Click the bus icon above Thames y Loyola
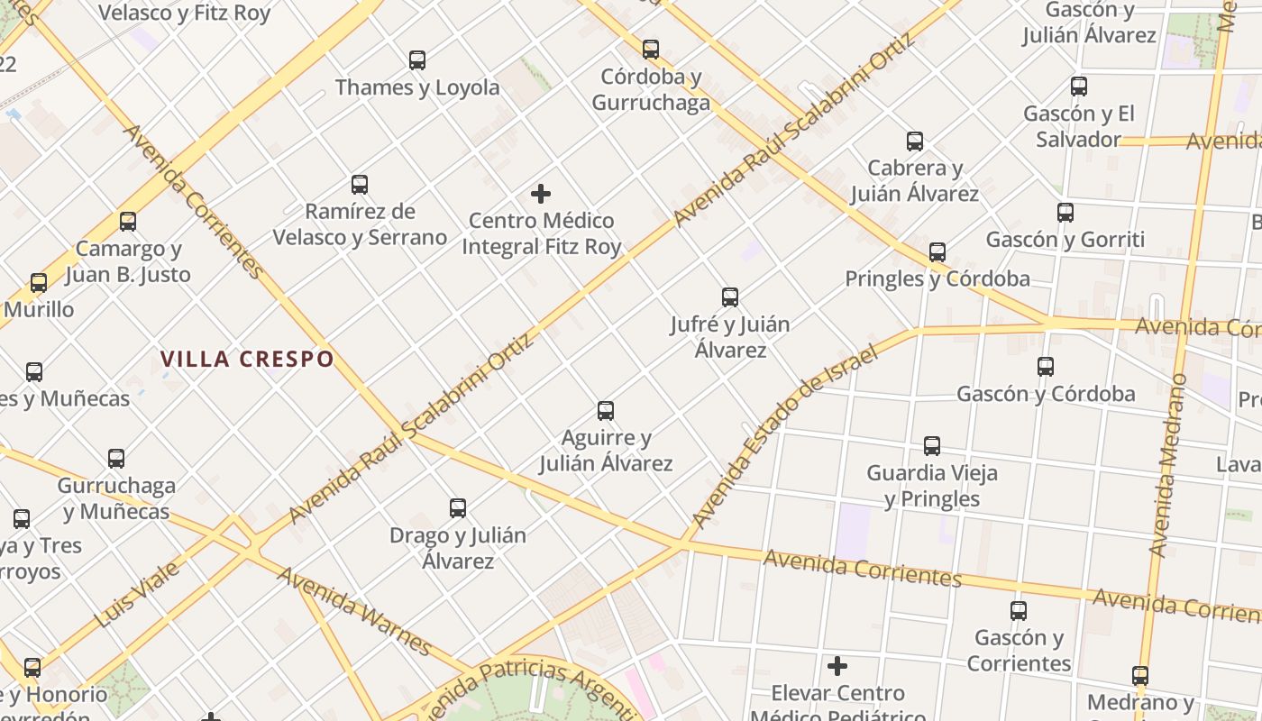(417, 60)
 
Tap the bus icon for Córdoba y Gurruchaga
(651, 50)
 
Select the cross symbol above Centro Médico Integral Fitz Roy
(541, 194)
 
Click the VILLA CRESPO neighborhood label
(247, 359)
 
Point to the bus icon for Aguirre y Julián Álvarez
(606, 411)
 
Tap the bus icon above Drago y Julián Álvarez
(458, 508)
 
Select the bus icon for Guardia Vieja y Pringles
(932, 446)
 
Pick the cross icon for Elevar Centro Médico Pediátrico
(837, 666)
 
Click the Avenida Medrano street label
(1169, 463)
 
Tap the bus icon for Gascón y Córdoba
(1046, 367)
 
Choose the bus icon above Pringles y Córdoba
(937, 252)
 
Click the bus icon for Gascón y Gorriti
(1065, 213)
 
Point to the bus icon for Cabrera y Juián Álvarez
(915, 141)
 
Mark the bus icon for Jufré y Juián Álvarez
(730, 297)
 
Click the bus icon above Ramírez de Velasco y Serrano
(360, 185)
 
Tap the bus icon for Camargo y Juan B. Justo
(128, 222)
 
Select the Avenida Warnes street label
(353, 610)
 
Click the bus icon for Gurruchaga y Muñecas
(116, 459)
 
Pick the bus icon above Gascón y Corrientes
(1019, 611)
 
